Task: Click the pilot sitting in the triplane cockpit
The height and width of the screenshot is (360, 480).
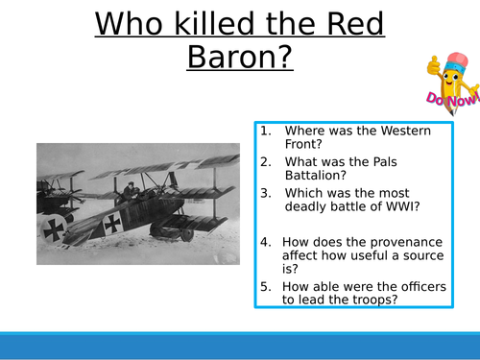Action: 129,190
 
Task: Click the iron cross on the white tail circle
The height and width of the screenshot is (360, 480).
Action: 52,228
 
